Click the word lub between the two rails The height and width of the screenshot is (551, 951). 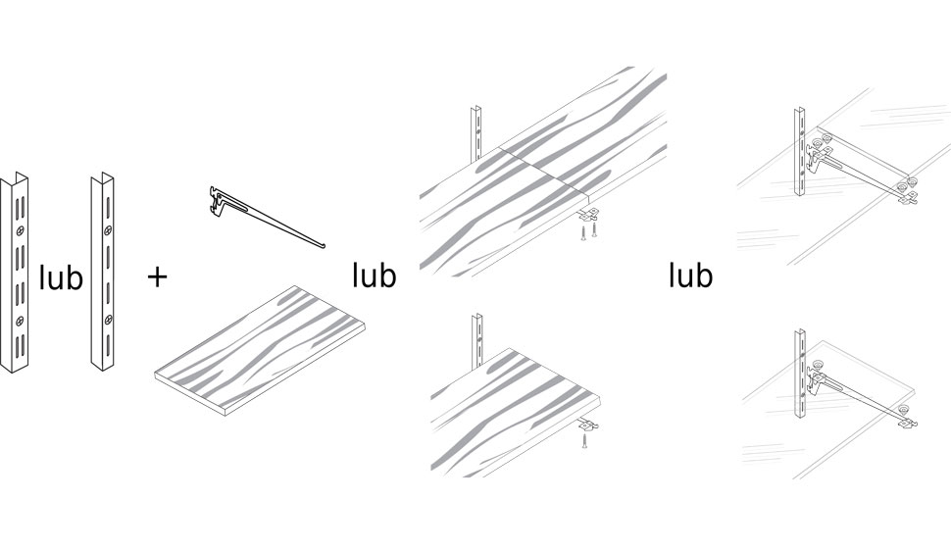click(61, 277)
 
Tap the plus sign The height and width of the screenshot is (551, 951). click(157, 277)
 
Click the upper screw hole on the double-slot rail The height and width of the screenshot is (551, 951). click(22, 230)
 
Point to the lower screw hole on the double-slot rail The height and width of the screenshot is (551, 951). click(22, 321)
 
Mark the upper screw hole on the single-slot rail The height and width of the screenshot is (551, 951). click(108, 230)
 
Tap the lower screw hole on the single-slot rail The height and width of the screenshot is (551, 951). click(108, 320)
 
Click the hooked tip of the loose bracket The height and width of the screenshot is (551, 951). click(324, 245)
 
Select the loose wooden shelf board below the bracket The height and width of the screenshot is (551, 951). click(261, 351)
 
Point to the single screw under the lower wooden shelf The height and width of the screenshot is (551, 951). click(584, 440)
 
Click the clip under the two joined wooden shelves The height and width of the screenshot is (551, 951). click(588, 214)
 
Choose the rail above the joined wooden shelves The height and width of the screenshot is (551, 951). click(476, 134)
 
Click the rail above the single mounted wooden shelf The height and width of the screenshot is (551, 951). click(477, 341)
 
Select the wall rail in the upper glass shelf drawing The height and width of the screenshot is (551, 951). click(801, 152)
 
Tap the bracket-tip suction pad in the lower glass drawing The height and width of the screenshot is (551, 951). click(904, 410)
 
